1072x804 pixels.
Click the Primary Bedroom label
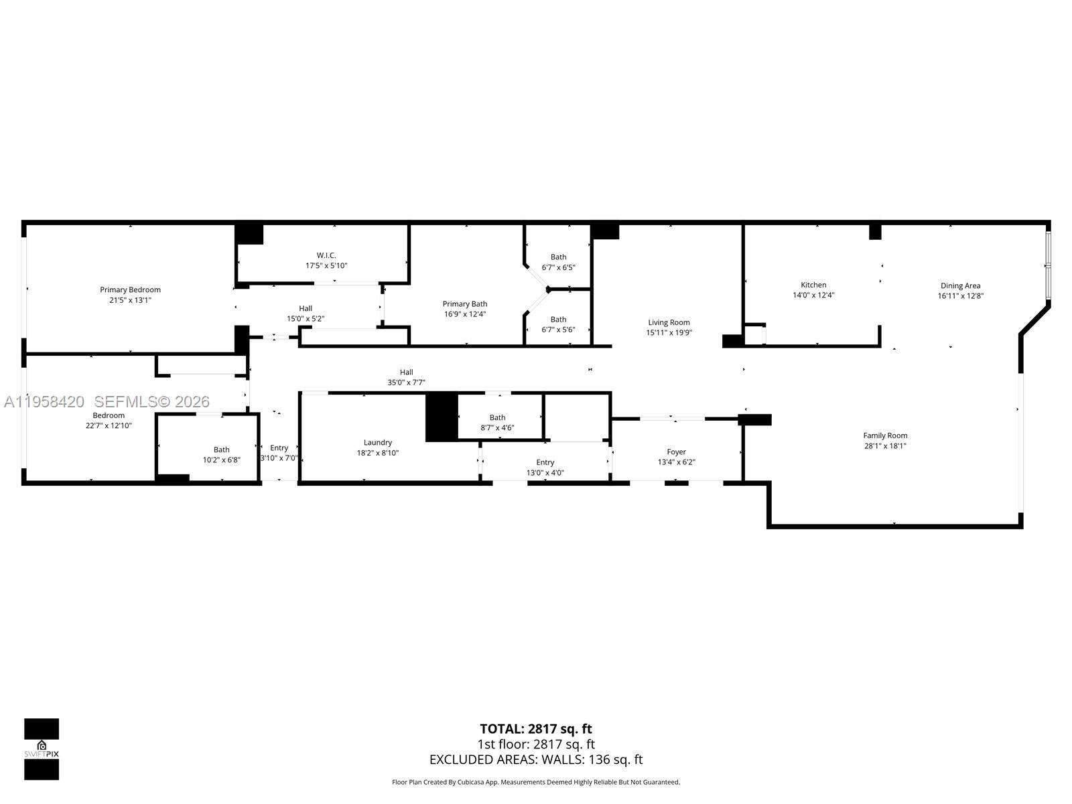pyautogui.click(x=130, y=289)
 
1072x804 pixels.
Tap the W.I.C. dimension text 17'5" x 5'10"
pyautogui.click(x=326, y=266)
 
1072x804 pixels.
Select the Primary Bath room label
pyautogui.click(x=464, y=304)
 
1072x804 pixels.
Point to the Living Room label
pyautogui.click(x=668, y=322)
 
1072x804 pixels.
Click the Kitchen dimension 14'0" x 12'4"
pyautogui.click(x=813, y=295)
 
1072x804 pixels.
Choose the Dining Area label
pyautogui.click(x=960, y=285)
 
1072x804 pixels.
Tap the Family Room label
pyautogui.click(x=884, y=435)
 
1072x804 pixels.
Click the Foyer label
pyautogui.click(x=676, y=452)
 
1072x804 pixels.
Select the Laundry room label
pyautogui.click(x=378, y=442)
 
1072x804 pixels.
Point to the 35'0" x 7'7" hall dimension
pyautogui.click(x=407, y=383)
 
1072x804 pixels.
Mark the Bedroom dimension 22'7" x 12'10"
pyautogui.click(x=109, y=425)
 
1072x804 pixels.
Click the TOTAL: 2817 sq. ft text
pyautogui.click(x=535, y=728)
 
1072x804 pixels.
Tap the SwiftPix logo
pyautogui.click(x=42, y=749)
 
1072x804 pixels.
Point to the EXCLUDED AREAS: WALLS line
pyautogui.click(x=535, y=759)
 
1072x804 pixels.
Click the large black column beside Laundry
pyautogui.click(x=442, y=417)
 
